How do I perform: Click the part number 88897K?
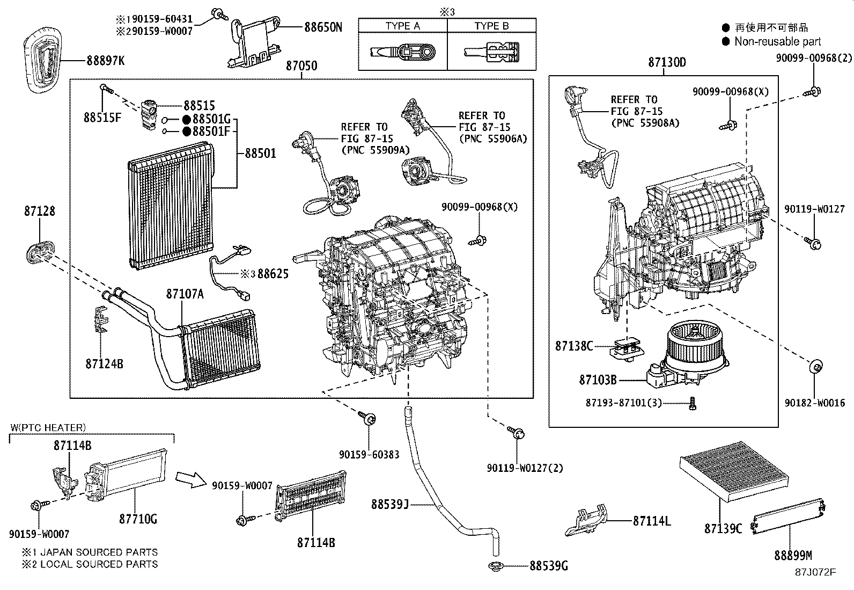(x=105, y=61)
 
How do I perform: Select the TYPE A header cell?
(x=402, y=26)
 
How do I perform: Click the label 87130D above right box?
(x=666, y=62)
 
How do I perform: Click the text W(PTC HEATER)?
(x=48, y=428)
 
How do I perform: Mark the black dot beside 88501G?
(x=186, y=119)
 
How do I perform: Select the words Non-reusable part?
(x=777, y=41)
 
